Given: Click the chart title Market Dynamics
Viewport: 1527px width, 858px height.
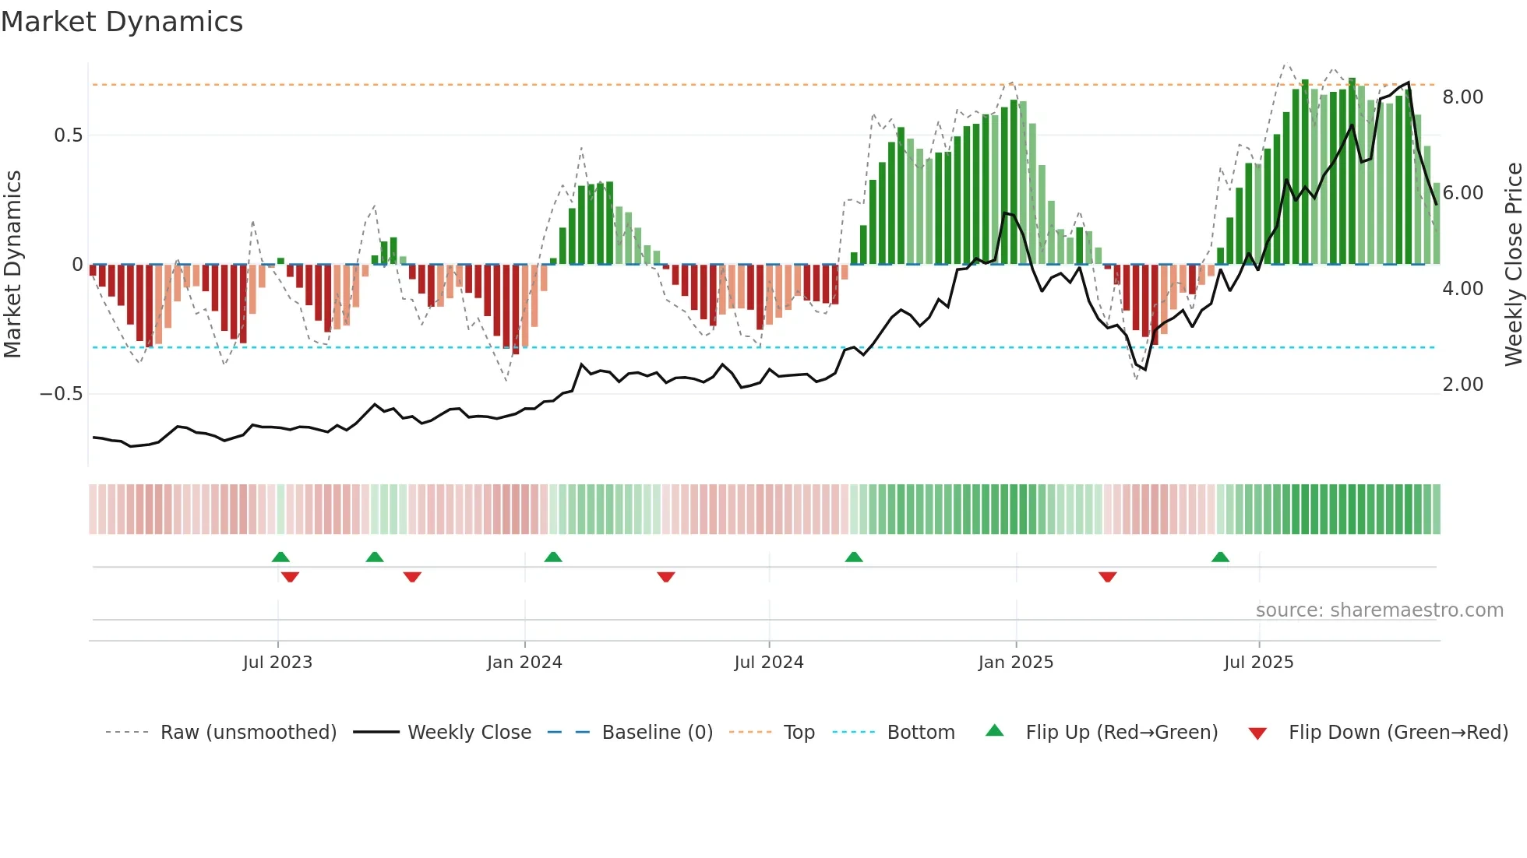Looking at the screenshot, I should tap(122, 22).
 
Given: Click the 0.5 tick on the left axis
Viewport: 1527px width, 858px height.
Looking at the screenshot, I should tap(68, 135).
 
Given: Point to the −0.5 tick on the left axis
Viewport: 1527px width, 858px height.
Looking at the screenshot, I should tap(62, 394).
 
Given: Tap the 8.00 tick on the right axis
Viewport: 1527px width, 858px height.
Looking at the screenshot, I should tap(1462, 97).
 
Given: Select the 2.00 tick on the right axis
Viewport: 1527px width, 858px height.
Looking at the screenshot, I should tap(1462, 385).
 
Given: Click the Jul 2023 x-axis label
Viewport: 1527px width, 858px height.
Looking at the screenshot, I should tap(277, 663).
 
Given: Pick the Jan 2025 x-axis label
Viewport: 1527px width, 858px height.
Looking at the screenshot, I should tap(1015, 663).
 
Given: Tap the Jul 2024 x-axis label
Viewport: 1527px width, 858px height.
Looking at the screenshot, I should tap(768, 663).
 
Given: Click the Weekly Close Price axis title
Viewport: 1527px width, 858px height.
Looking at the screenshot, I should tap(1513, 265).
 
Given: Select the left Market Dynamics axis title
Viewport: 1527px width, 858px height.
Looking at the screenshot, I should tap(12, 265).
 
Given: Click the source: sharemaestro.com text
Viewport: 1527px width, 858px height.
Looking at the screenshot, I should tap(1379, 610).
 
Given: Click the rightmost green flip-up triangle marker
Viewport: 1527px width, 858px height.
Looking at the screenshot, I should tap(1220, 557).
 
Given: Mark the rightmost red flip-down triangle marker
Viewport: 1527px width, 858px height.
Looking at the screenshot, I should tap(1107, 577).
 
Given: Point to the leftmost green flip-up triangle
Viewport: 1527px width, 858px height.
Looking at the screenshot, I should tap(280, 557).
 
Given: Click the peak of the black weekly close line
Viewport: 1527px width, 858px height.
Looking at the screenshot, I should tap(1408, 83).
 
